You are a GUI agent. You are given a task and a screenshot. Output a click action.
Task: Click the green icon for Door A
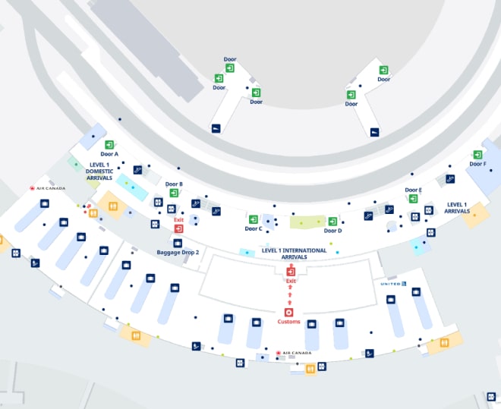coord(109,145)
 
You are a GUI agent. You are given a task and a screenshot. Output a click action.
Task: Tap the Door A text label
coord(110,154)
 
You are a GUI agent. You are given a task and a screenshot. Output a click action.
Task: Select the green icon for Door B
coord(174,193)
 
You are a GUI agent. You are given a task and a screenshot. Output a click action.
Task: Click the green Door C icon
coord(254,219)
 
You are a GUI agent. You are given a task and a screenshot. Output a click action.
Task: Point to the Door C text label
coord(254,228)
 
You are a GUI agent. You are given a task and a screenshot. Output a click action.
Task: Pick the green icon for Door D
coord(332,222)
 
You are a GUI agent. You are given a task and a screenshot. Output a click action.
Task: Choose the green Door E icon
coord(413,199)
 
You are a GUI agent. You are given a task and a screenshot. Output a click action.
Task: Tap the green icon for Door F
coord(477,155)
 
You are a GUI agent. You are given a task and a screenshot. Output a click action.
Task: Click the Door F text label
coord(477,164)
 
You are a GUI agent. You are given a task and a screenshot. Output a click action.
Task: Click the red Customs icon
coord(288,313)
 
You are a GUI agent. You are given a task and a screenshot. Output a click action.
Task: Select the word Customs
coord(288,322)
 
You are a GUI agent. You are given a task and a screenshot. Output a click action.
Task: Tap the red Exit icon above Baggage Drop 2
coord(179,228)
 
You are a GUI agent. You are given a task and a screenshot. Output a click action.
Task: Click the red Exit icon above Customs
coord(291,272)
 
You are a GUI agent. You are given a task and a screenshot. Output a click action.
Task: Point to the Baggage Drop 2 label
coord(178,252)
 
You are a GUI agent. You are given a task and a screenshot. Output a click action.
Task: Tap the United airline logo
coord(394,284)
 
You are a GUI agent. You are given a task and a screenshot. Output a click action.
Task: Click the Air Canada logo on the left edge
coord(47,188)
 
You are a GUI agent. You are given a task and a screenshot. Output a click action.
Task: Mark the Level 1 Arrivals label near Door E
coord(457,207)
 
